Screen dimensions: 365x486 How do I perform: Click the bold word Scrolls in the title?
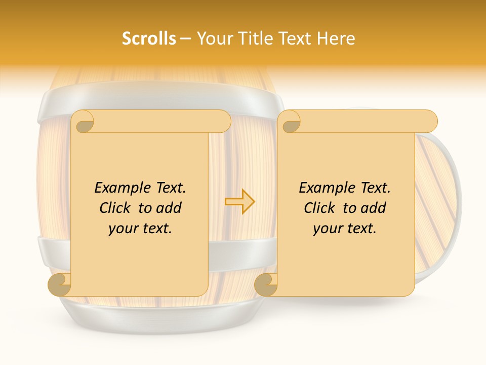tap(149, 39)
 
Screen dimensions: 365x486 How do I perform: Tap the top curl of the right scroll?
tap(291, 122)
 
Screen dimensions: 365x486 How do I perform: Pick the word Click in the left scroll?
tap(116, 208)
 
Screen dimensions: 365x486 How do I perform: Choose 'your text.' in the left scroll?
tap(140, 229)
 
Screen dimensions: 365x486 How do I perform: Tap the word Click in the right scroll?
tap(320, 208)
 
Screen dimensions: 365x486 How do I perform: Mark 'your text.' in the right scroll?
tap(345, 229)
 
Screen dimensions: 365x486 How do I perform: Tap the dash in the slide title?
tap(186, 39)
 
